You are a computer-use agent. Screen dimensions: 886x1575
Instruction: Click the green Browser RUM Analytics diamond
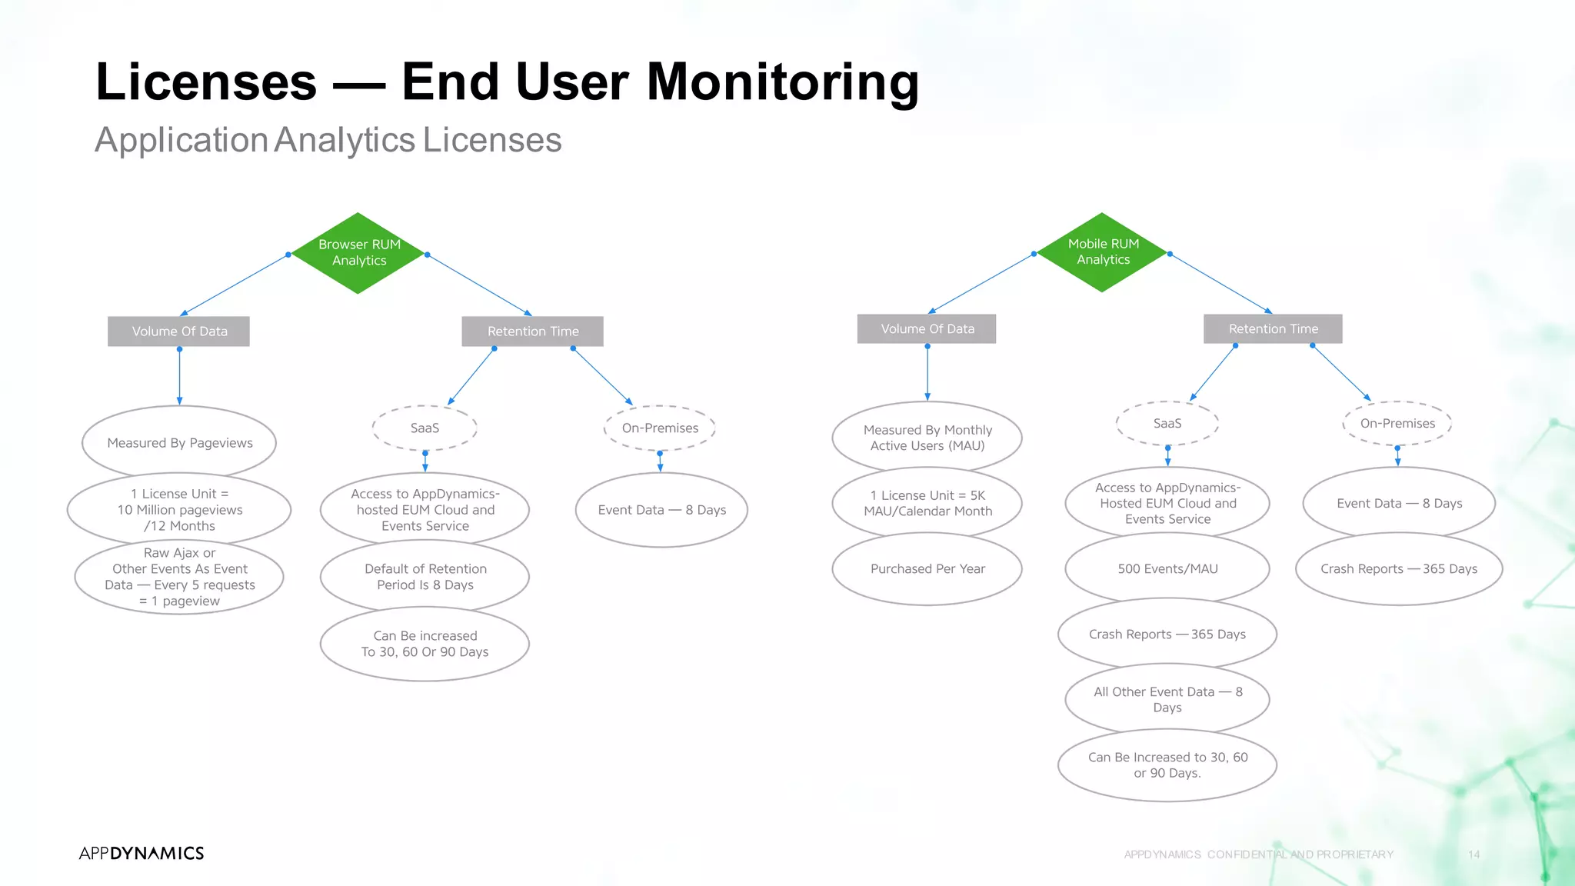[x=358, y=253]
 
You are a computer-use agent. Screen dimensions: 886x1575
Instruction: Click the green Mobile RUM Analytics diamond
[x=1103, y=252]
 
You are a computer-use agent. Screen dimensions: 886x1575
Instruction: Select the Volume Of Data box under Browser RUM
[x=179, y=331]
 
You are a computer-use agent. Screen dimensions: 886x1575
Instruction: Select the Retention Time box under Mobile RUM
[x=1273, y=329]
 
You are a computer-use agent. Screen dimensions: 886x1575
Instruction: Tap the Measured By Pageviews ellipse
[x=179, y=442]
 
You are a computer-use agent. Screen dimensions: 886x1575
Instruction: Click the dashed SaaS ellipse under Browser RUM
[x=425, y=428]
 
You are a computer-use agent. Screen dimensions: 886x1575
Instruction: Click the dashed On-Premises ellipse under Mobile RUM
[x=1397, y=423]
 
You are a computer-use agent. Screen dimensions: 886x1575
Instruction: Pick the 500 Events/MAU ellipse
[x=1167, y=569]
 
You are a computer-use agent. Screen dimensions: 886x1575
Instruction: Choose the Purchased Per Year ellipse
[x=927, y=569]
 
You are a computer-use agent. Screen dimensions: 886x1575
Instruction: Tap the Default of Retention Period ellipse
[x=425, y=577]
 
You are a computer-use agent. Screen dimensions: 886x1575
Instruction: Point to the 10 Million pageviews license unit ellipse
[x=179, y=510]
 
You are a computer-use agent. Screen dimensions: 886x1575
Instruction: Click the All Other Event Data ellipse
[x=1167, y=699]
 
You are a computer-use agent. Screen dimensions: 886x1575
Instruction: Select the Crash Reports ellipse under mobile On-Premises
[x=1399, y=569]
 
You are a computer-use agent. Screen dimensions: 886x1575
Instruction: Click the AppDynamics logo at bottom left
[x=142, y=853]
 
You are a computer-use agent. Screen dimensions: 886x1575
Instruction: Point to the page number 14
[x=1473, y=854]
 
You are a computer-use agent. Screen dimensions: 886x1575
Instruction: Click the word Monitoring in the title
[x=782, y=82]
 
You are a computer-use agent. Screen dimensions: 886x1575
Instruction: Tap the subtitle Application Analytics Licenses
[x=328, y=140]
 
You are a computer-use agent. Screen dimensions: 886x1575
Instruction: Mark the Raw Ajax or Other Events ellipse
[x=179, y=577]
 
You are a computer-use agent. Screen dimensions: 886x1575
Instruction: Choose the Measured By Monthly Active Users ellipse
[x=927, y=438]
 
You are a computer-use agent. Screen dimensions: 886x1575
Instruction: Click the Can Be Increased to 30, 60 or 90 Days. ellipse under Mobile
[x=1167, y=765]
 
